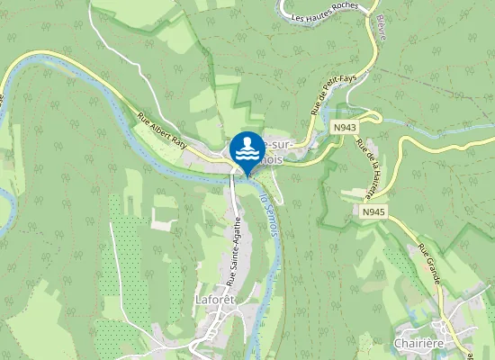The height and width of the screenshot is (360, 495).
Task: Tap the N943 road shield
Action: (343, 129)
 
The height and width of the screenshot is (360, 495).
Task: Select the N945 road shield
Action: (374, 211)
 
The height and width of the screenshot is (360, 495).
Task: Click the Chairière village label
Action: (421, 343)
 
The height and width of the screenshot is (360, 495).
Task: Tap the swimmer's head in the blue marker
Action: (247, 140)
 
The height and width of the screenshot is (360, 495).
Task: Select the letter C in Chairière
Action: (398, 343)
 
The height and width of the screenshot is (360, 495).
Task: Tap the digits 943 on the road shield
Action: (346, 129)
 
